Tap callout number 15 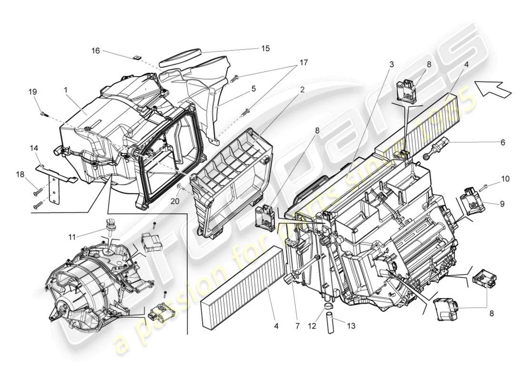(x=265, y=48)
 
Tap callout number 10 (x=505, y=179)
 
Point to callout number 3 (x=392, y=64)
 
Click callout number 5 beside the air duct (x=254, y=88)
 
